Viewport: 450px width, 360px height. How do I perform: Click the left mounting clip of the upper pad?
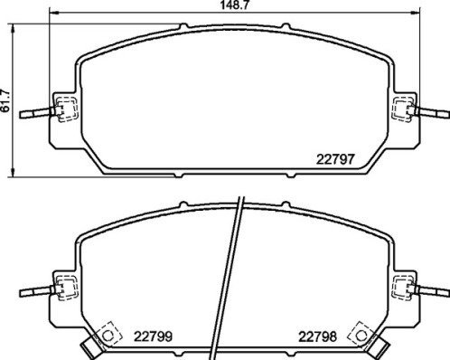tap(63, 111)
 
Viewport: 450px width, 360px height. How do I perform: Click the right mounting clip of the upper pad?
tap(404, 109)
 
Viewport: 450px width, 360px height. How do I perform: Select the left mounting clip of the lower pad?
tap(63, 291)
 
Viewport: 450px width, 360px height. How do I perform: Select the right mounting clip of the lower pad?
tap(404, 290)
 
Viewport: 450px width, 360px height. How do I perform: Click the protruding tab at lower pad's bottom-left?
tap(89, 349)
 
